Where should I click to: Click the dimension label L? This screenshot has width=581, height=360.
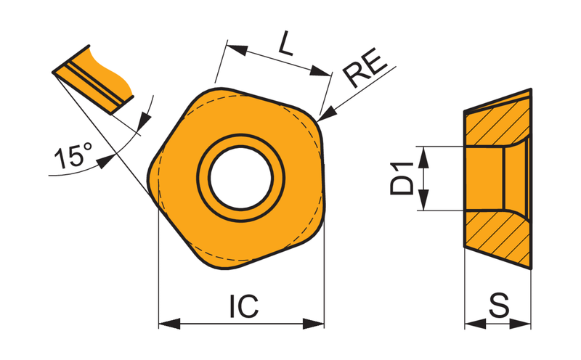[286, 44]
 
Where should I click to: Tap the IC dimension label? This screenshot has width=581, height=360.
[244, 306]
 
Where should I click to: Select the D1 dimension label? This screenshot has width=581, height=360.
[402, 179]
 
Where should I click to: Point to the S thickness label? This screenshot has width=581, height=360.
[499, 306]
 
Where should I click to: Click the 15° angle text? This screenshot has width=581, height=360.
[73, 156]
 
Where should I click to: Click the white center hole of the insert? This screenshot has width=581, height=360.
[241, 178]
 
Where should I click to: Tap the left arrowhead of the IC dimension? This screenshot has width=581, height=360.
[169, 323]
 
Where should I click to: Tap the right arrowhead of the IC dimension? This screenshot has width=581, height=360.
[314, 323]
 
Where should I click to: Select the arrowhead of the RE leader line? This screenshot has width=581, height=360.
[326, 114]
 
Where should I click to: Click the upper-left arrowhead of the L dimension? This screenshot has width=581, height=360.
[237, 49]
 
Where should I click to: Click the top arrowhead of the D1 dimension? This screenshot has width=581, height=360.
[423, 157]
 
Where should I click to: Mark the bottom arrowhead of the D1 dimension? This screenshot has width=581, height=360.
[423, 200]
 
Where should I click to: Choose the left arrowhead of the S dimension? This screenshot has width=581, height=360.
[475, 324]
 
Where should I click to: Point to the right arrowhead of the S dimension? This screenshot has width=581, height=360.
[521, 324]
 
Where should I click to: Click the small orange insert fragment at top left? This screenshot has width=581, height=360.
[94, 79]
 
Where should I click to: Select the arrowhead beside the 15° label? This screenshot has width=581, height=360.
[105, 161]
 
